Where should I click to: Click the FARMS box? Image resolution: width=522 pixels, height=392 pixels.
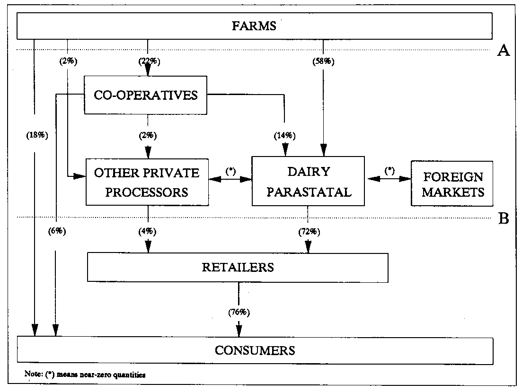(254, 26)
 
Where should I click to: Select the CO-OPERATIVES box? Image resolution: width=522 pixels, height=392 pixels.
(146, 95)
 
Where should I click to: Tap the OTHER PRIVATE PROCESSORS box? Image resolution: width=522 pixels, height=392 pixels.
(147, 182)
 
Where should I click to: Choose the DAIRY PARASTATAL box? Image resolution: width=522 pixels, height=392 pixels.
(308, 182)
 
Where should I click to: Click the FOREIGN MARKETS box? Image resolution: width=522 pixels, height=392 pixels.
(452, 184)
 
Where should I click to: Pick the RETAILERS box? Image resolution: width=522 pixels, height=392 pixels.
(238, 267)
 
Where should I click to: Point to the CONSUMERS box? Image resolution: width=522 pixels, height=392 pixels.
(255, 350)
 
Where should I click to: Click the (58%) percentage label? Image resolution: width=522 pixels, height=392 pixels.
(324, 61)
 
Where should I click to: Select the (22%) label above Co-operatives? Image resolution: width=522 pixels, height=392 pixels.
(148, 61)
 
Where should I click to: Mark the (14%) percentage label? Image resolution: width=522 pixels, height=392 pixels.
(285, 136)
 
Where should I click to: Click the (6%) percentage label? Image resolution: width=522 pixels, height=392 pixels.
(57, 231)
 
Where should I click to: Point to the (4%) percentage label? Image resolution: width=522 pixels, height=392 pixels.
(148, 231)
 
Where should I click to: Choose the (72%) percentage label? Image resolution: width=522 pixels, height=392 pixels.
(308, 231)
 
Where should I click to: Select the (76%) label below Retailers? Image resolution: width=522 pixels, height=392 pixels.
(238, 312)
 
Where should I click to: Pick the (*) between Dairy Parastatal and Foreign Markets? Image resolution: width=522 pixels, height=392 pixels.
(389, 171)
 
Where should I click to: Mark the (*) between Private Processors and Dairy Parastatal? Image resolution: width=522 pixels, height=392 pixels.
(230, 171)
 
